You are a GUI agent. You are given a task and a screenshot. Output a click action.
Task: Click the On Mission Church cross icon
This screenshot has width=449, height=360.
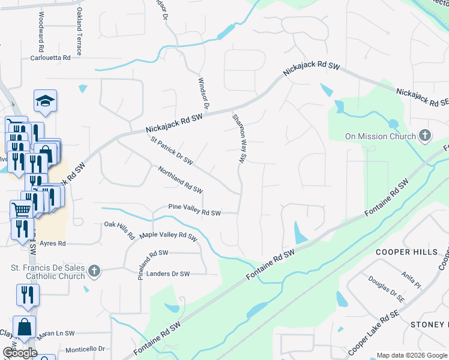click(x=425, y=136)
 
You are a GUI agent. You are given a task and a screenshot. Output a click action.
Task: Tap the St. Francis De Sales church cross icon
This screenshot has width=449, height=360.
click(x=93, y=272)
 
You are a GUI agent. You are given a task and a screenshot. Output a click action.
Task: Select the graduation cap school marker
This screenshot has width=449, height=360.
click(x=45, y=103)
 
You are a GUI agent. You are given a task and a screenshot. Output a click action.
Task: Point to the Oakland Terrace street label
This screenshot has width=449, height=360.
click(x=79, y=32)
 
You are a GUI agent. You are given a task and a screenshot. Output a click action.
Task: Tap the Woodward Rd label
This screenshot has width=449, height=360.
click(x=41, y=31)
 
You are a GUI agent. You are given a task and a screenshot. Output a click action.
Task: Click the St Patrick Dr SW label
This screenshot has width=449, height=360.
click(x=172, y=151)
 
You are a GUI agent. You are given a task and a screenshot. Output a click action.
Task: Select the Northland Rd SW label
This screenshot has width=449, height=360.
click(x=180, y=180)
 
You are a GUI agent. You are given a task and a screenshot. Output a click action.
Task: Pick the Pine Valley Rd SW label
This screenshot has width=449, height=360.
click(x=194, y=213)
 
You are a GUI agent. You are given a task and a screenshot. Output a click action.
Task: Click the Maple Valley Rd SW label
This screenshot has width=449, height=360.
click(x=168, y=237)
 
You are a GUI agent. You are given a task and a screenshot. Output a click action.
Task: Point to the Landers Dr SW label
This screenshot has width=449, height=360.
click(x=169, y=274)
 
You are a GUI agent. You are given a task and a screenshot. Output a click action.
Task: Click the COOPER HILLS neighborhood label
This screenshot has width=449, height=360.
click(x=406, y=252)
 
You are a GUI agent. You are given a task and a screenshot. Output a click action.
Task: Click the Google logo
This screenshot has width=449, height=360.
click(x=20, y=353)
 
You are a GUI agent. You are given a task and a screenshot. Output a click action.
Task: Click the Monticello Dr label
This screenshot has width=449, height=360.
click(x=85, y=349)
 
